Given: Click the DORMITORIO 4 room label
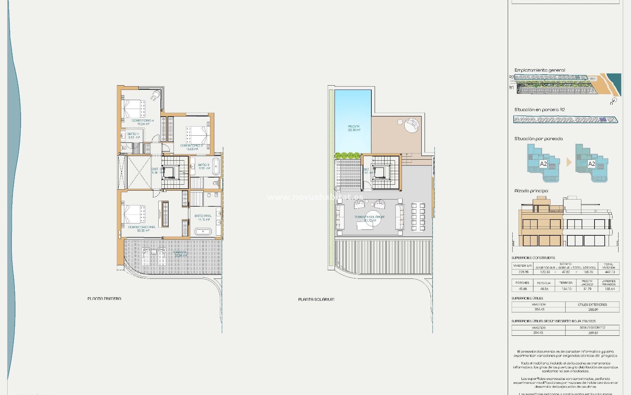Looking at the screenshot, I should (143, 121).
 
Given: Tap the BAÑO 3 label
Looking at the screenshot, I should (203, 165).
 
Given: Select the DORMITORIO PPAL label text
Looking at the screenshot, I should (142, 227).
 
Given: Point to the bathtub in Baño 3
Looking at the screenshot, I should (216, 167).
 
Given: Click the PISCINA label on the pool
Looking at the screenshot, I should (353, 126).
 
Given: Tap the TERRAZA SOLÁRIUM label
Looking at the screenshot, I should (369, 217).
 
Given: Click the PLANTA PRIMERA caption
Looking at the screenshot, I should (104, 299).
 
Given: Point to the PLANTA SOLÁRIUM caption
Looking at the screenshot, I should (316, 299).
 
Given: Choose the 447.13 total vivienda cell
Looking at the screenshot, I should (608, 272).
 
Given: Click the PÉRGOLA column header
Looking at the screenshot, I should (544, 283).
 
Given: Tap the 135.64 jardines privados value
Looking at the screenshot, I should (609, 289).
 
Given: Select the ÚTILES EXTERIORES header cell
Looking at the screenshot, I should (592, 304).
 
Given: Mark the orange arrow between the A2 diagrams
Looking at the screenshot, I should (569, 162).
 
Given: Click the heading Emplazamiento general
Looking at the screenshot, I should (540, 70).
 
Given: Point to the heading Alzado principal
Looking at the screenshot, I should (531, 191).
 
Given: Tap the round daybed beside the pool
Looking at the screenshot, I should (411, 125).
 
